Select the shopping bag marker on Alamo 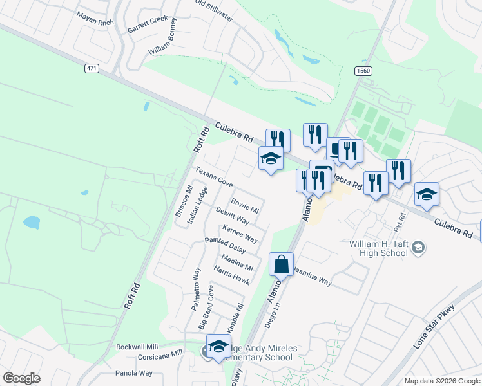(281, 264)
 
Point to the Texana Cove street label (215, 178)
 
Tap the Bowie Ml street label (245, 206)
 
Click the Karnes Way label (240, 234)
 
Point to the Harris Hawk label (232, 277)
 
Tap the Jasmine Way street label (312, 278)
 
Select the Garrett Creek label (148, 25)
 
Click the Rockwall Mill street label (137, 347)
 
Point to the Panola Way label (134, 373)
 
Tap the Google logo (21, 378)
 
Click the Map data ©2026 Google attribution (441, 381)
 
